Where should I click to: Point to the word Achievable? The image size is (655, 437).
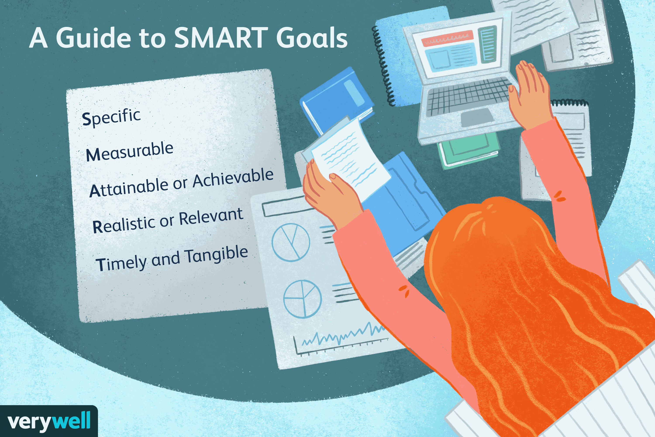[x=233, y=178]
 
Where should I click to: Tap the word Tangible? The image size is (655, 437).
[x=217, y=255]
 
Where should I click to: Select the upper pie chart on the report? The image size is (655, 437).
[x=290, y=242]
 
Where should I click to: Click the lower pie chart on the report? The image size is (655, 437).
[x=302, y=299]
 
